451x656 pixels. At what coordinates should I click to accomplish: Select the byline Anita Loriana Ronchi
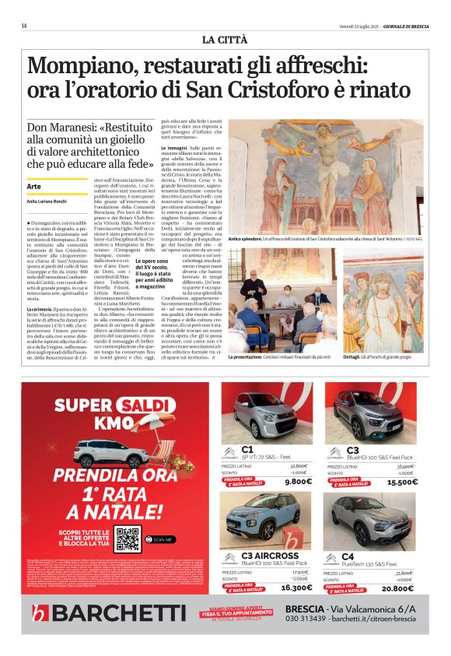tap(49, 202)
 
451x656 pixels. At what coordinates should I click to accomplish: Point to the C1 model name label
tap(248, 449)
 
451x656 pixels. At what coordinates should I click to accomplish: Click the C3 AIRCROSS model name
tap(268, 556)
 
